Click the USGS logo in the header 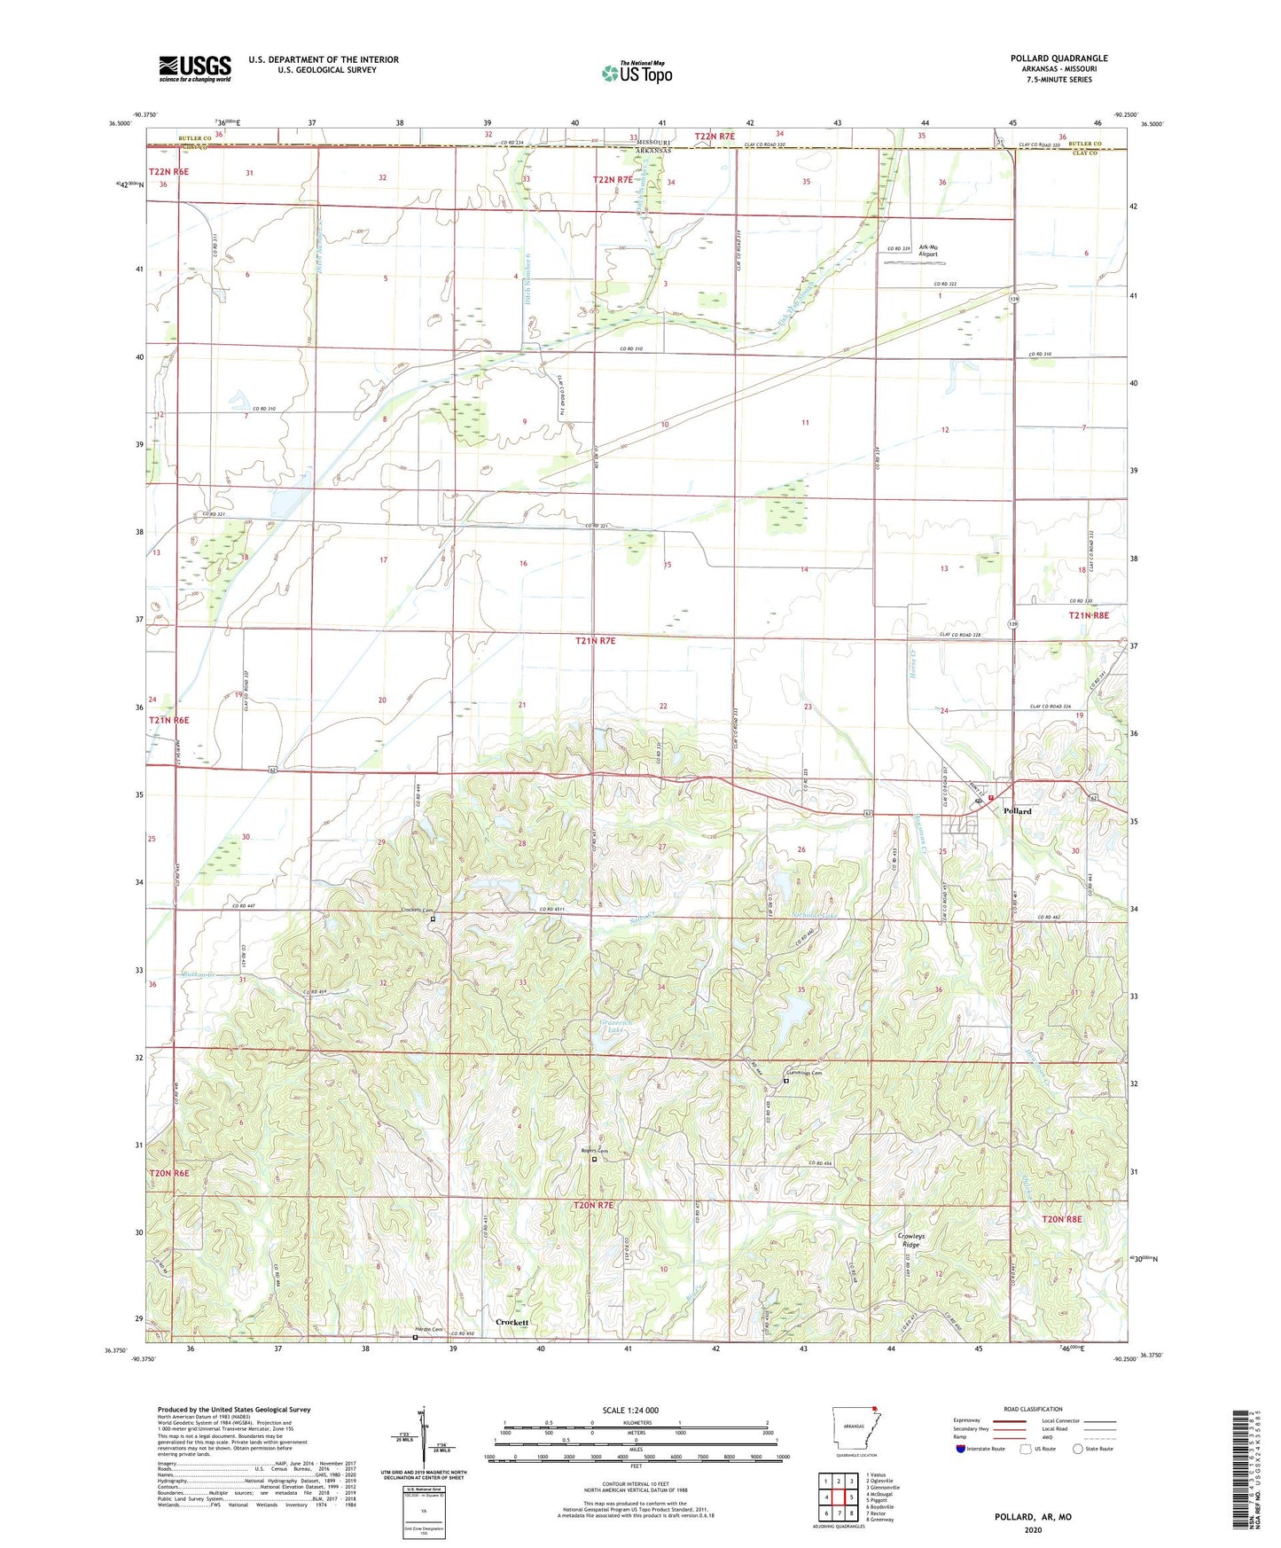pyautogui.click(x=194, y=68)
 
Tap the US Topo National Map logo pyautogui.click(x=637, y=73)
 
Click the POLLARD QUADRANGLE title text pyautogui.click(x=1058, y=59)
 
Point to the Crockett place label pyautogui.click(x=512, y=1322)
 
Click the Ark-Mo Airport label pyautogui.click(x=927, y=250)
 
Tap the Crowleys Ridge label pyautogui.click(x=910, y=1240)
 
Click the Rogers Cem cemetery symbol pyautogui.click(x=595, y=1159)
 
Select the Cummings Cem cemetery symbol pyautogui.click(x=785, y=1081)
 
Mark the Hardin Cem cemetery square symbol pyautogui.click(x=415, y=1339)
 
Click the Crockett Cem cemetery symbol pyautogui.click(x=433, y=919)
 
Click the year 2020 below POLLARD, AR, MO pyautogui.click(x=1033, y=1529)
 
